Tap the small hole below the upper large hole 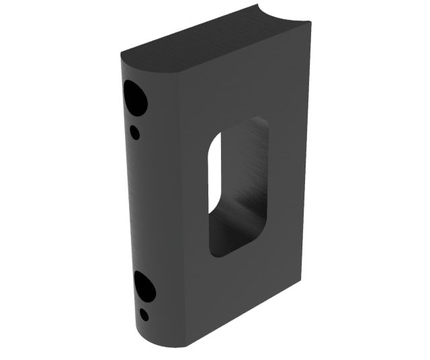pyautogui.click(x=135, y=132)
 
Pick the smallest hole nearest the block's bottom pyautogui.click(x=144, y=314)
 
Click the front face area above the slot pyautogui.click(x=242, y=87)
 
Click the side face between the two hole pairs pyautogui.click(x=144, y=208)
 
